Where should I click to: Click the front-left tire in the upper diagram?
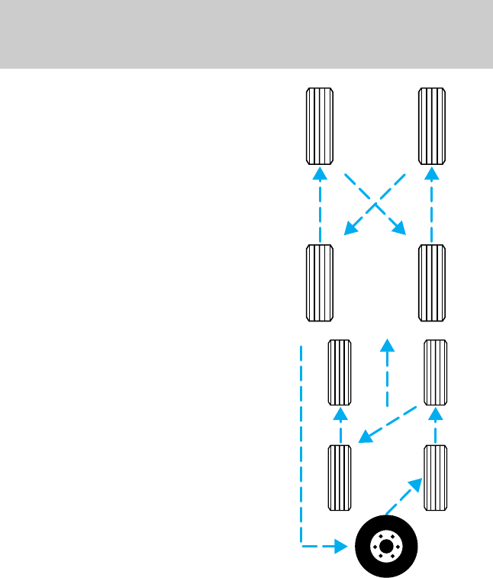tap(320, 126)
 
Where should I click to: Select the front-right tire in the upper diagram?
tap(433, 126)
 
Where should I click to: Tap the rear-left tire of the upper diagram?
tap(320, 283)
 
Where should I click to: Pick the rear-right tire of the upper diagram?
tap(433, 283)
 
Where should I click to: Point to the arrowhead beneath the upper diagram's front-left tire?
tap(321, 173)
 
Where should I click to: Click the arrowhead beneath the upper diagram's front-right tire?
tap(433, 173)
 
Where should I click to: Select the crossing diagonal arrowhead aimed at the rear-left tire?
tap(350, 228)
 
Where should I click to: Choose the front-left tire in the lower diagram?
tap(339, 373)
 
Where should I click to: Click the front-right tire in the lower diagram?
tap(436, 373)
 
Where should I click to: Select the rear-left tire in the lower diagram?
tap(339, 477)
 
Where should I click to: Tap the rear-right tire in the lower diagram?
tap(436, 477)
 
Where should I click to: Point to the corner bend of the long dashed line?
tap(301, 546)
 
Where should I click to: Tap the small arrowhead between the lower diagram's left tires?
tap(340, 415)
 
